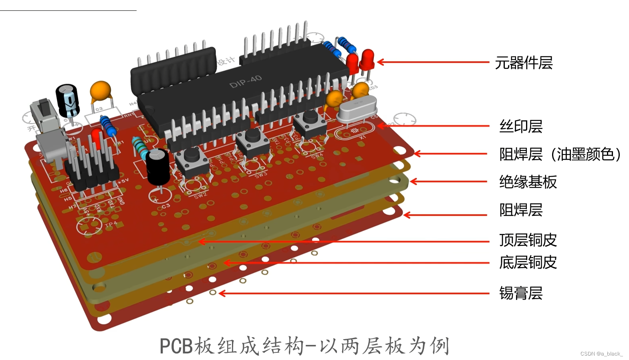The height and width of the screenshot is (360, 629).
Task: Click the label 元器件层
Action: (524, 63)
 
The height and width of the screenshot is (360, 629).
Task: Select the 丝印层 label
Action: (520, 127)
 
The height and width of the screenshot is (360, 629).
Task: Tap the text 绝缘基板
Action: (528, 182)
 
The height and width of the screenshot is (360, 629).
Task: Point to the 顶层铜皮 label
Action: (528, 240)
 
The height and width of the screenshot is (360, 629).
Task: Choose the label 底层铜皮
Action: (528, 263)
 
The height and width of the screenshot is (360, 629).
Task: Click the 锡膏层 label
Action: (520, 294)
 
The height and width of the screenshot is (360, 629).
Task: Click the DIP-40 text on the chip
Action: (245, 82)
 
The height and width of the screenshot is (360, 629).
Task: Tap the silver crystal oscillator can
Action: (357, 109)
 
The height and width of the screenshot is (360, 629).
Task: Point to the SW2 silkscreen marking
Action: (200, 195)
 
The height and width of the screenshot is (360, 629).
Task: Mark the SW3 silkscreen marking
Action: (260, 175)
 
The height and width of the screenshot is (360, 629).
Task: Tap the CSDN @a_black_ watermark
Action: (601, 354)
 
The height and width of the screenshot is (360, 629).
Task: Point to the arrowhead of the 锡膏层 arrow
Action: (221, 294)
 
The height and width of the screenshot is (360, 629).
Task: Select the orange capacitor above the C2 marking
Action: (100, 92)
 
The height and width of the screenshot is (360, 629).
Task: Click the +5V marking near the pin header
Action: (123, 181)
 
